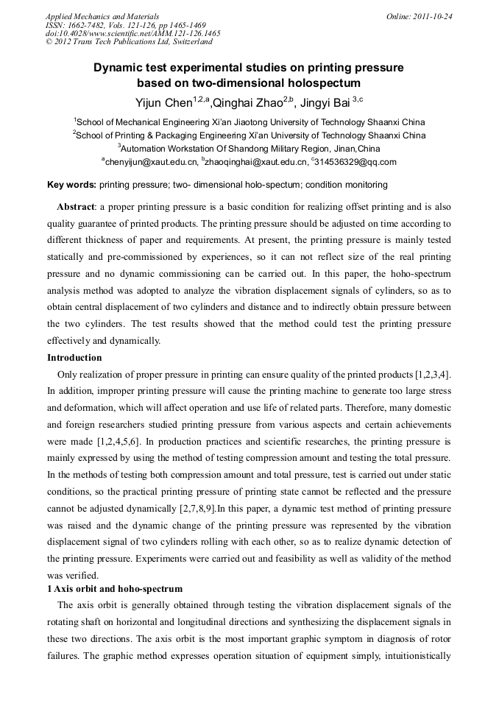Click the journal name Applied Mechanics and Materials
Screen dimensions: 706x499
click(102, 16)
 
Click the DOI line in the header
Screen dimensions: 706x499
click(132, 34)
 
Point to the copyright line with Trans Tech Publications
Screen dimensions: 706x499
click(129, 43)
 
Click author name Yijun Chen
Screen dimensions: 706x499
click(160, 102)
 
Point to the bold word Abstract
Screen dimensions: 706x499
click(76, 207)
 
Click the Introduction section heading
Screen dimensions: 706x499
click(74, 358)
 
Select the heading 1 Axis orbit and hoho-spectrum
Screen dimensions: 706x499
click(115, 589)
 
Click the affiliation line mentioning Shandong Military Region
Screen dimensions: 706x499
click(249, 148)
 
